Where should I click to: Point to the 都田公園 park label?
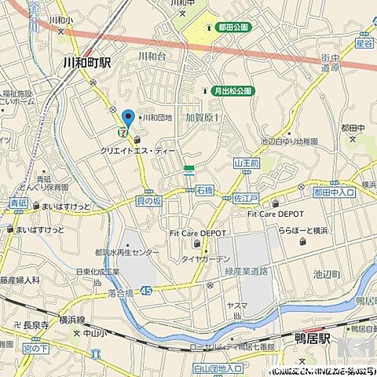232,27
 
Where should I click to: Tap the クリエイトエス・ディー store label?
138,149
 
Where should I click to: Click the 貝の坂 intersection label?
148,200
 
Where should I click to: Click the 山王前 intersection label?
246,163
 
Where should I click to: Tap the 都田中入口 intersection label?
334,192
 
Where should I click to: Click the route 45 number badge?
147,290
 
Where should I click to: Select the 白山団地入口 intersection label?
218,367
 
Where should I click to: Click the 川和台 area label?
152,56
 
